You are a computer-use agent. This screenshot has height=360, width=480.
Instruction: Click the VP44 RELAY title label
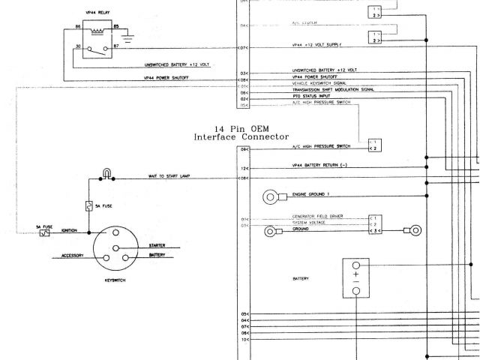point(93,13)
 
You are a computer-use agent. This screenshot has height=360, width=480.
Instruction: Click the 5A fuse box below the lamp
point(89,205)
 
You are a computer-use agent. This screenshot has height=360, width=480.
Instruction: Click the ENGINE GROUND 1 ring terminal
point(270,197)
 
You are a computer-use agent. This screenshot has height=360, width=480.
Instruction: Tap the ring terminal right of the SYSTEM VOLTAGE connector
point(413,229)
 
